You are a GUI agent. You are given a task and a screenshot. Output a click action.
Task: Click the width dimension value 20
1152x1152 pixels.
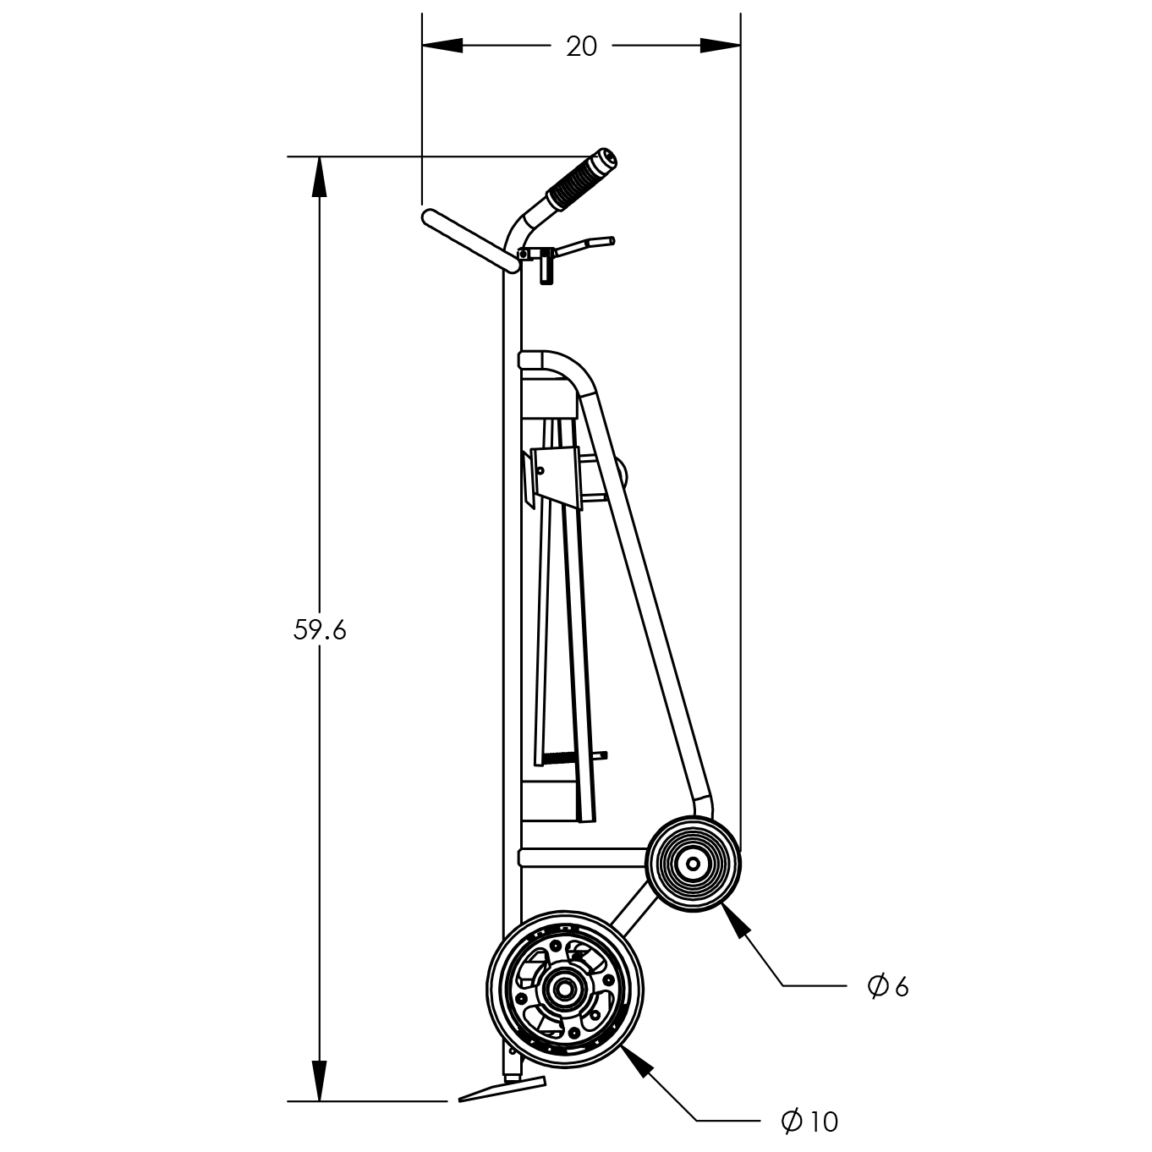(581, 47)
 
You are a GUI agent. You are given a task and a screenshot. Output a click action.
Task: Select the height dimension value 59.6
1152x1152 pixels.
(320, 630)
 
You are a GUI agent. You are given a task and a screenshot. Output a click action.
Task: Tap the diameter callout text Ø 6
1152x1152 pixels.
(888, 987)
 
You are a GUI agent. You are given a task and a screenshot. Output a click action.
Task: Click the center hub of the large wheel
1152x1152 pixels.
(562, 990)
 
